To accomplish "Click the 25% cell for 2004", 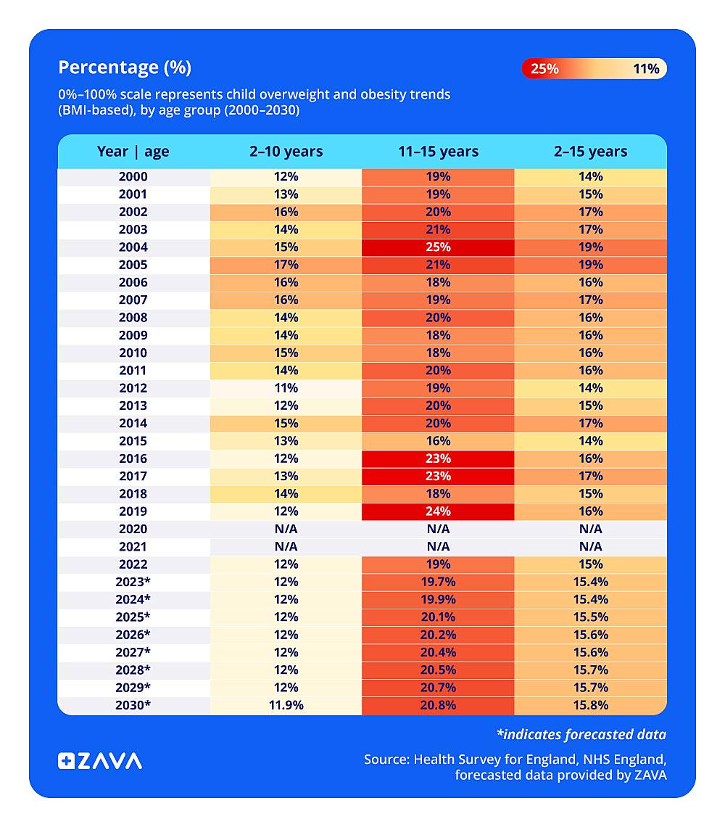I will tap(438, 247).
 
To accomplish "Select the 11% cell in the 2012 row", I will tap(286, 388).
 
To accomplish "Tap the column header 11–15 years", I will tap(438, 152).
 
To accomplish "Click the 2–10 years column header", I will tap(286, 152).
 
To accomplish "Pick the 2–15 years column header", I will tap(590, 152).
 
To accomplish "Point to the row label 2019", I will tap(133, 511).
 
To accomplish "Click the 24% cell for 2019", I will tap(438, 511).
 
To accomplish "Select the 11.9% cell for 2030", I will tap(286, 705).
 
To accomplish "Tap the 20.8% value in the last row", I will tap(438, 705).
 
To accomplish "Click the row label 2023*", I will tap(133, 582).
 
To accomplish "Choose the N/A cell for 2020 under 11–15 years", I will tap(438, 529).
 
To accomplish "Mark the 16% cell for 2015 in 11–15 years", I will tap(438, 441).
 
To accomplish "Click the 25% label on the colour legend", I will tap(544, 69).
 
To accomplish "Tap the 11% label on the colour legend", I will tap(646, 69).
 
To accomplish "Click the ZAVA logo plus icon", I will tap(66, 761).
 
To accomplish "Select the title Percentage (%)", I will tap(125, 67).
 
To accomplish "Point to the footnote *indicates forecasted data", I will tap(581, 734).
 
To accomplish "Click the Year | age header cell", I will tap(133, 152).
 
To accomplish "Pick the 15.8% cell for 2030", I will tap(590, 705).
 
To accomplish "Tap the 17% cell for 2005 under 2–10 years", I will tap(286, 265).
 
